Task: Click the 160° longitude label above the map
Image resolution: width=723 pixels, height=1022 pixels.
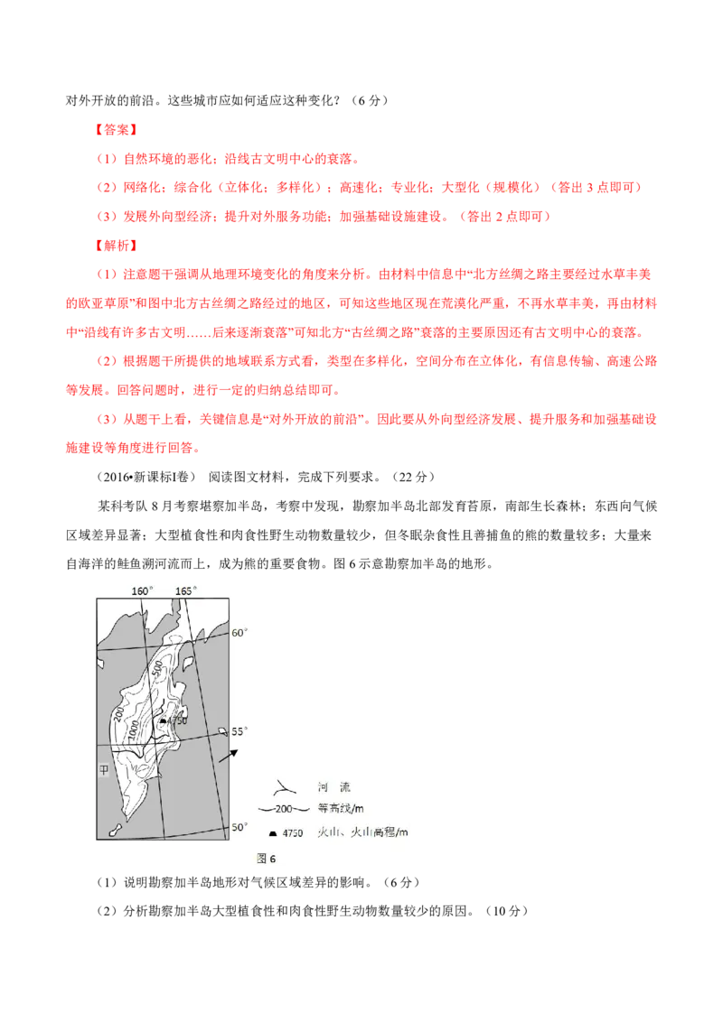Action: coord(143,590)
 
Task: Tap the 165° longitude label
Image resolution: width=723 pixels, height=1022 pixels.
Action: coord(185,590)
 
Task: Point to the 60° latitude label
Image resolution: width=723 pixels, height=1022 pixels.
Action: coord(239,633)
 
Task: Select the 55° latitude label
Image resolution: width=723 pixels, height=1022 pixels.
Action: coord(239,731)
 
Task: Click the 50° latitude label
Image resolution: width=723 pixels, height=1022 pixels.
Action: coord(239,827)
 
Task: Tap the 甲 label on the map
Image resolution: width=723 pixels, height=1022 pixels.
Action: coord(105,770)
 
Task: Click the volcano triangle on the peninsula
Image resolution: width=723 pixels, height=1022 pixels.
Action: coord(162,720)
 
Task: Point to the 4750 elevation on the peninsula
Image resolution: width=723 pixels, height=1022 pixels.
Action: coord(176,720)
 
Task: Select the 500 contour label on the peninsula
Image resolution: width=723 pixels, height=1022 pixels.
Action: coord(157,671)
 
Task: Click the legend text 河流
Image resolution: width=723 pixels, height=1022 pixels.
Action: coord(331,785)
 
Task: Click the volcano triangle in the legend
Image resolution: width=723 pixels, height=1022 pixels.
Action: coord(274,832)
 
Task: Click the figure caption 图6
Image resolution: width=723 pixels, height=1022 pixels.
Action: coord(266,859)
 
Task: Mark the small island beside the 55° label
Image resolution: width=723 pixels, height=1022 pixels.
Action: coord(222,730)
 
